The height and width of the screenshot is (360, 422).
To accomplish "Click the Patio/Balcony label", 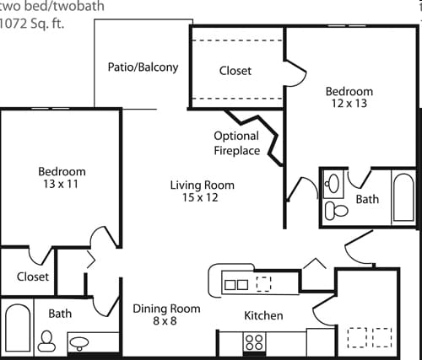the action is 143,67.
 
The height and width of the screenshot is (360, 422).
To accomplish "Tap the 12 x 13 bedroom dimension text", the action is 349,104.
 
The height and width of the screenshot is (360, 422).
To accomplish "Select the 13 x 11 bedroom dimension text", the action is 61,184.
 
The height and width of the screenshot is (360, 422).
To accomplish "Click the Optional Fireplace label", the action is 237,143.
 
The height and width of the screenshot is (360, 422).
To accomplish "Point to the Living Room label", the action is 203,185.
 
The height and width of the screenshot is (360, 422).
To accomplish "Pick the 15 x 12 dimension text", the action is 200,197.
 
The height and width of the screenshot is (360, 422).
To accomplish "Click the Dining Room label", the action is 166,309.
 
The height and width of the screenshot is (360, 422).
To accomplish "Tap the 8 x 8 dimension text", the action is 165,320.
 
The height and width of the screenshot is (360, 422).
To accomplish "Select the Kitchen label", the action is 263,315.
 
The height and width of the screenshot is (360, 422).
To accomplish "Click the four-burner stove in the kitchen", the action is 254,341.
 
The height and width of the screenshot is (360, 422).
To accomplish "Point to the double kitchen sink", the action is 236,285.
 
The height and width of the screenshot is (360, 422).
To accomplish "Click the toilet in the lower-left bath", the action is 46,341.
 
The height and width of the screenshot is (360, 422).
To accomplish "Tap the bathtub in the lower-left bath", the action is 18,328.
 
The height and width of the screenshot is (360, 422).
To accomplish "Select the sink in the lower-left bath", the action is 79,343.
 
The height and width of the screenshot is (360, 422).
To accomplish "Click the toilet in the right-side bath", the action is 337,211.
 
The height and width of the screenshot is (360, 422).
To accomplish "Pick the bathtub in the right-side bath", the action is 403,197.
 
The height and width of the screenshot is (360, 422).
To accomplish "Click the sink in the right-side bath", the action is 333,184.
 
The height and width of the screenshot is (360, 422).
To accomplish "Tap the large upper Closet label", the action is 235,71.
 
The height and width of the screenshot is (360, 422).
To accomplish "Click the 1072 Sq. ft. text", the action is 32,24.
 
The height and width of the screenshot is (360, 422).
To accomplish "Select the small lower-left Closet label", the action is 33,277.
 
